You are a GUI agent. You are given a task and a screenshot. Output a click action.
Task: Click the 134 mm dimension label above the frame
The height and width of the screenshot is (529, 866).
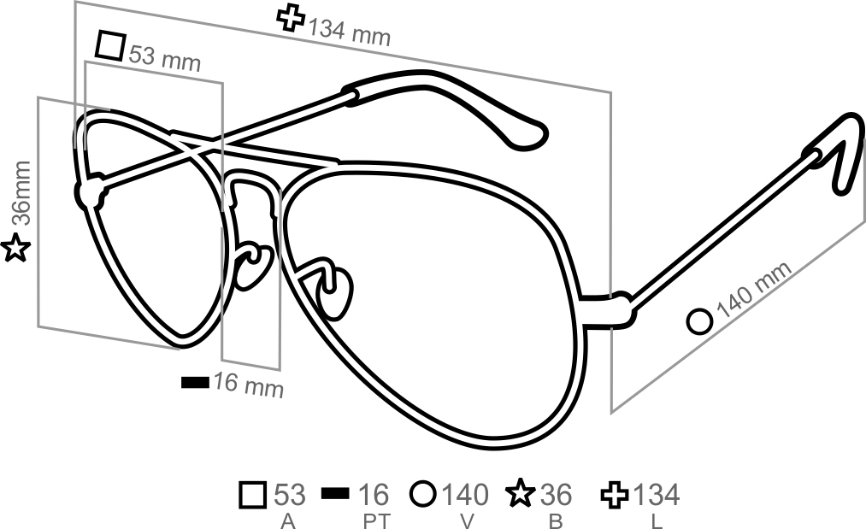349,32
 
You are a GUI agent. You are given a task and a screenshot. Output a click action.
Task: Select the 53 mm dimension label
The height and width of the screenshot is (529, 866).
165,59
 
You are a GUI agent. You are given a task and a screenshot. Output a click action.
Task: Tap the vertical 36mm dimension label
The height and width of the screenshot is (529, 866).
22,193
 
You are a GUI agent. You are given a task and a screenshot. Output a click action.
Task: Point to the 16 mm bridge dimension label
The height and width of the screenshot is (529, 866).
249,385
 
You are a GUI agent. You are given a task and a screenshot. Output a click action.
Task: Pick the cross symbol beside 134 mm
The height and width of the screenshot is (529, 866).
291,18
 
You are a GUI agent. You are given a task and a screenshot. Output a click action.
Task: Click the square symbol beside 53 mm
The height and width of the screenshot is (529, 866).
110,45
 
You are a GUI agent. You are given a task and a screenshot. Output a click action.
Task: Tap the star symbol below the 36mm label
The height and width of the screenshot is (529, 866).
15,248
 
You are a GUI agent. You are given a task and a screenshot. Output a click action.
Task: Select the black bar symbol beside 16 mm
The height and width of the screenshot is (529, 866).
196,381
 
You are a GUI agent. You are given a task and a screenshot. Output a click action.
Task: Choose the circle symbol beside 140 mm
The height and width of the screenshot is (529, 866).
700,321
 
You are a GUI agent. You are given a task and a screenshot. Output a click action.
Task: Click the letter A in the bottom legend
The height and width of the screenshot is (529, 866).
287,521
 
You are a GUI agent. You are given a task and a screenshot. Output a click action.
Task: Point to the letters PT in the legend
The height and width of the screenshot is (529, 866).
377,521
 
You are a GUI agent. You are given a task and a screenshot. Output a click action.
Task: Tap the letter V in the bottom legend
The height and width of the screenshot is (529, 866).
468,521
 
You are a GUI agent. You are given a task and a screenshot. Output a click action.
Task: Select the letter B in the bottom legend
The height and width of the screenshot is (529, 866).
556,521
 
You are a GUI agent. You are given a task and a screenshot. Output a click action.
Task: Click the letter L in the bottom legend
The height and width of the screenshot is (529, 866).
657,521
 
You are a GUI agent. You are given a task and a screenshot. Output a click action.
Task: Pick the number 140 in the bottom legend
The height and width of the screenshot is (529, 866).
465,494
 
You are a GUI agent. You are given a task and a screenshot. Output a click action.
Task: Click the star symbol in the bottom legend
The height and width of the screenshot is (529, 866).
521,493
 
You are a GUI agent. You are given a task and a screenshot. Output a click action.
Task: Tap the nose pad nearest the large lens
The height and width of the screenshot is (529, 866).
335,292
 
